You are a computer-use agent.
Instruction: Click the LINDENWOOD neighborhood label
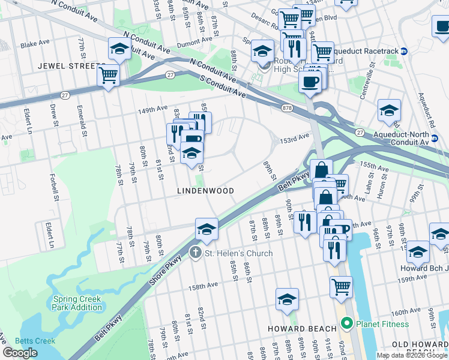coord(205,190)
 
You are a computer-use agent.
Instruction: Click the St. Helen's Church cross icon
coord(196,253)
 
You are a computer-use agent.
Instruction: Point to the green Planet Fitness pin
coord(346,324)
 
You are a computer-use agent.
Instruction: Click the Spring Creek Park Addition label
coord(78,304)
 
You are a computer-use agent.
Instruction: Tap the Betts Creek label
coord(35,341)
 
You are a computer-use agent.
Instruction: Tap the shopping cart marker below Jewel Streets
coord(109,75)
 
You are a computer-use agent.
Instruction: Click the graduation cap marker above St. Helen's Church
coord(206,228)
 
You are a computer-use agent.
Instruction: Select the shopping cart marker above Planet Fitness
coord(341,286)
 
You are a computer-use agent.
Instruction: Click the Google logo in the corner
coord(20,353)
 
